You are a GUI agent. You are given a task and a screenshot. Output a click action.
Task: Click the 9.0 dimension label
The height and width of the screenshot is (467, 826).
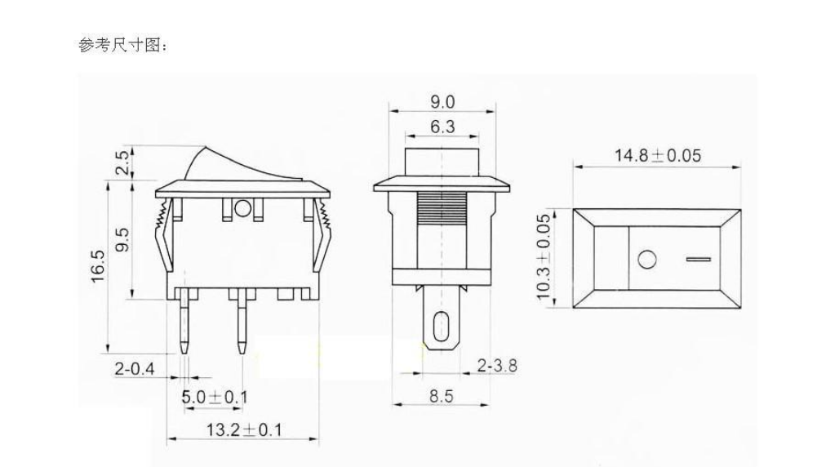pyautogui.click(x=442, y=102)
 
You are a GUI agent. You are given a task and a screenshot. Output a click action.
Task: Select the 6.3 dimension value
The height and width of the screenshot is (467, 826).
pyautogui.click(x=442, y=127)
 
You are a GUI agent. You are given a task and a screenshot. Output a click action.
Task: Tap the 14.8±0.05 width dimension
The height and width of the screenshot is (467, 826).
pyautogui.click(x=657, y=156)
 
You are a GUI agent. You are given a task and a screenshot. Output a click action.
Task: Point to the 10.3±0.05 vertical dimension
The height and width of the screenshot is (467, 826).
pyautogui.click(x=544, y=258)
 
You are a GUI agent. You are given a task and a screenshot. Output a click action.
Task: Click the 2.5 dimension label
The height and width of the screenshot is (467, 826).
pyautogui.click(x=122, y=162)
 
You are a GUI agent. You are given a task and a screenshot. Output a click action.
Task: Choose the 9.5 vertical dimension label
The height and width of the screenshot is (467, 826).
pyautogui.click(x=122, y=240)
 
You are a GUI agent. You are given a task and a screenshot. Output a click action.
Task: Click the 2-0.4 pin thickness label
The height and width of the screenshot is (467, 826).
pyautogui.click(x=134, y=369)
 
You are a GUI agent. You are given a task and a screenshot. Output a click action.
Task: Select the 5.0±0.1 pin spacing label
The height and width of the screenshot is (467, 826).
pyautogui.click(x=215, y=398)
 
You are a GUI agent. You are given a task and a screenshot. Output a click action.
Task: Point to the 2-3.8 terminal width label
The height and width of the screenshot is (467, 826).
pyautogui.click(x=496, y=366)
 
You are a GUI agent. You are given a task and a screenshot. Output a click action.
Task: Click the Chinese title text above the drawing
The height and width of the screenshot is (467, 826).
pyautogui.click(x=123, y=46)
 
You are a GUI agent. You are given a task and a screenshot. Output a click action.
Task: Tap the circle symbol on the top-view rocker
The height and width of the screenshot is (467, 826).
pyautogui.click(x=646, y=260)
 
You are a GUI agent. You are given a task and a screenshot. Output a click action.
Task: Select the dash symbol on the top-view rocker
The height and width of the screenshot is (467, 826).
pyautogui.click(x=699, y=260)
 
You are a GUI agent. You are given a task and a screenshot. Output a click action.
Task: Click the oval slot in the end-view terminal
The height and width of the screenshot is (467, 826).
pyautogui.click(x=441, y=326)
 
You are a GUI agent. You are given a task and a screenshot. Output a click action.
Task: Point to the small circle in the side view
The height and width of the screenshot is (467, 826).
pyautogui.click(x=242, y=209)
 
